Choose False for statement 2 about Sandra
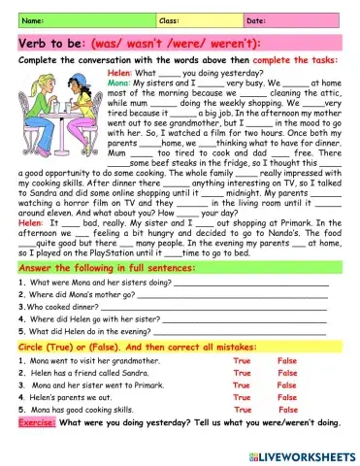point(287,373)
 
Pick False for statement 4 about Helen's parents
point(287,398)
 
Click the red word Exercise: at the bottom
point(37,424)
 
